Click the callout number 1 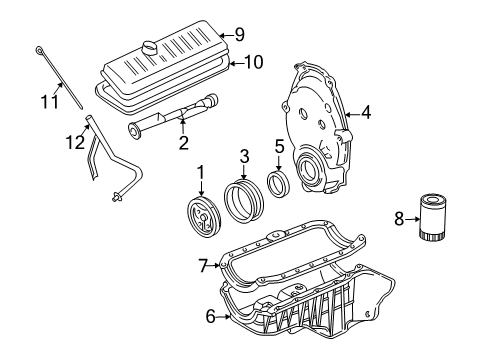coord(200,171)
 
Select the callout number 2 coord(183,143)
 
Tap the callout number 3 coord(243,155)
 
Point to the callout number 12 coord(70,143)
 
